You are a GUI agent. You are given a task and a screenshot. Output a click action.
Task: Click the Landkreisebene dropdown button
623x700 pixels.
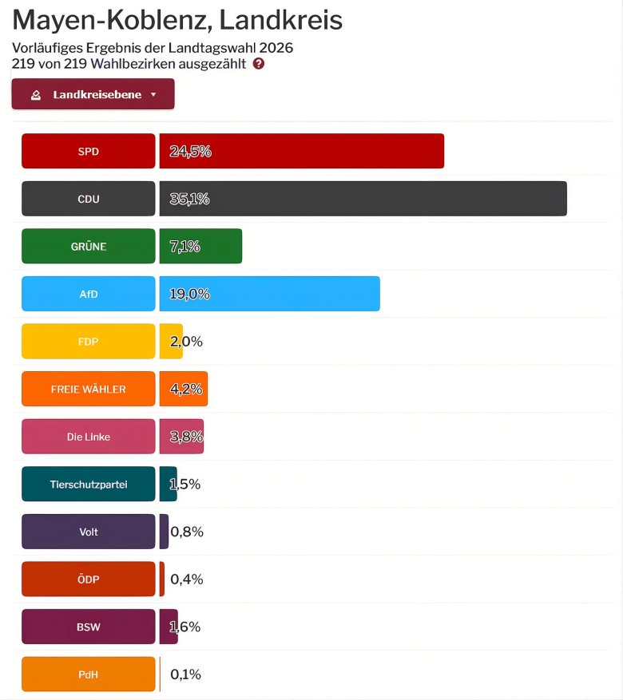click(x=93, y=94)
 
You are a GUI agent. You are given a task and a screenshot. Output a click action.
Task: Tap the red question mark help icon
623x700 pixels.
click(x=259, y=64)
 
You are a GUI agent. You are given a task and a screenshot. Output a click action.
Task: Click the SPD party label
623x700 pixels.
click(x=88, y=151)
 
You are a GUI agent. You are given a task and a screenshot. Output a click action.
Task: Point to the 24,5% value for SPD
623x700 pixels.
click(x=190, y=151)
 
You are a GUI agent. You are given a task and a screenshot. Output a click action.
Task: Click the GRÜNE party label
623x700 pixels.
click(x=88, y=247)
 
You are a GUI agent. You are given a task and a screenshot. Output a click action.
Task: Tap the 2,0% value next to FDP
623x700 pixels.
click(x=187, y=342)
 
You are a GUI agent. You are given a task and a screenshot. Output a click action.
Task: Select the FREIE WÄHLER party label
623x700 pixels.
click(x=88, y=390)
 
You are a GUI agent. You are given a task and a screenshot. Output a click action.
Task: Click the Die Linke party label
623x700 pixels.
click(x=88, y=437)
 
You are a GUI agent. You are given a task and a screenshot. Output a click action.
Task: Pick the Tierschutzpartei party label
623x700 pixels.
click(x=88, y=484)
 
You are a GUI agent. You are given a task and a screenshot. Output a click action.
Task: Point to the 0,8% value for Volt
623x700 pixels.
click(x=187, y=532)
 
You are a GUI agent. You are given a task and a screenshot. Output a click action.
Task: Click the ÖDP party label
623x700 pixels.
click(x=88, y=579)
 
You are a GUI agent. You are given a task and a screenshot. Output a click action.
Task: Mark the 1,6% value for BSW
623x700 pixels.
click(x=185, y=627)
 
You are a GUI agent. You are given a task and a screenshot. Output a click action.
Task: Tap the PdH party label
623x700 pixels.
click(x=88, y=674)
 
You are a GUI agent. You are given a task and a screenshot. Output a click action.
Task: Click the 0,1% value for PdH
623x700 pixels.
click(x=186, y=674)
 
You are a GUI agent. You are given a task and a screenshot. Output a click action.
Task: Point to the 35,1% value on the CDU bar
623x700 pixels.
click(x=190, y=199)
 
